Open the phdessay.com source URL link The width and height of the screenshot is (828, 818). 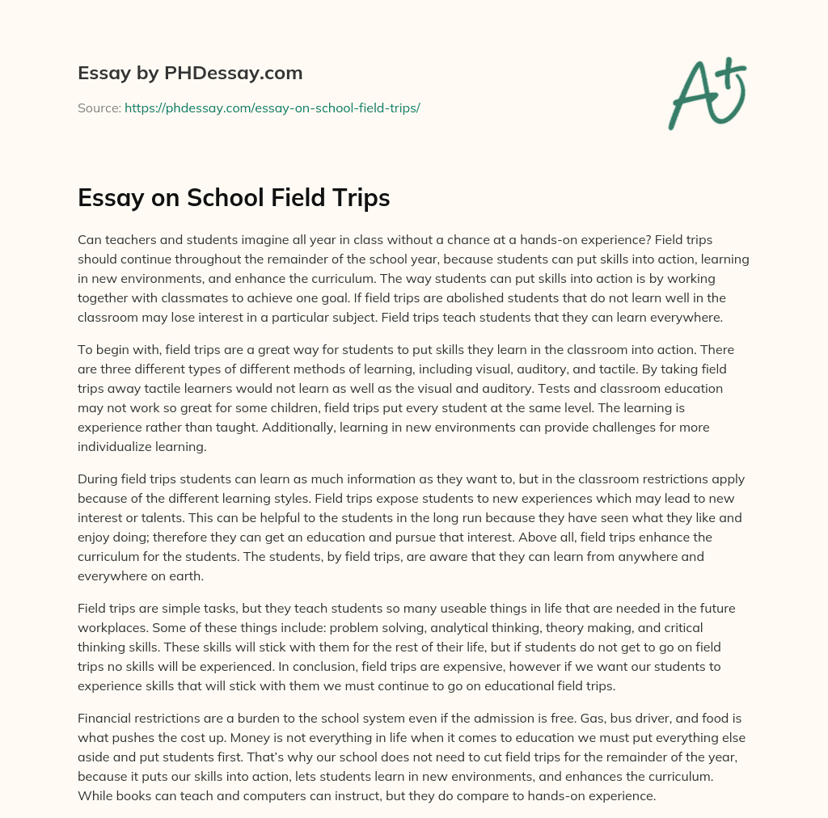pos(272,108)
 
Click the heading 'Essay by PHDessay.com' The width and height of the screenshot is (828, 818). pos(190,74)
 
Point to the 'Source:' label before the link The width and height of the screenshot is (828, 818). pos(99,108)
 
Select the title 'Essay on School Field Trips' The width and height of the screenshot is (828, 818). pos(234,198)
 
